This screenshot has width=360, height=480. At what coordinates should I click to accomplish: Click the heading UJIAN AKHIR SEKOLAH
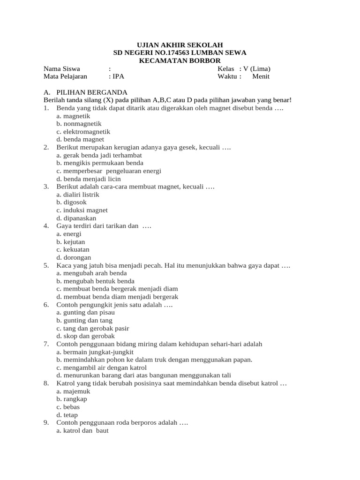coord(180,45)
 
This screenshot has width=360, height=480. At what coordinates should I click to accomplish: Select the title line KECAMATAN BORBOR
coord(180,60)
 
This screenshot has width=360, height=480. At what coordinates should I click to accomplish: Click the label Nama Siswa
coord(60,68)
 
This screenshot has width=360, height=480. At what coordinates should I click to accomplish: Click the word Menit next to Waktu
coord(261,76)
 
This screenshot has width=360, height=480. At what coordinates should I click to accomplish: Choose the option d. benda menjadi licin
coord(88,179)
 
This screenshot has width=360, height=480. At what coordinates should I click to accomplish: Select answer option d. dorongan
coord(74,257)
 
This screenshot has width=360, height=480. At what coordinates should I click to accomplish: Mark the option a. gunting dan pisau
coord(85,312)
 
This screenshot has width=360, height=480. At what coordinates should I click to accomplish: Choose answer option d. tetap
coord(67,415)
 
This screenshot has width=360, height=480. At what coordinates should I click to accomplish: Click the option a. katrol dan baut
coord(82,430)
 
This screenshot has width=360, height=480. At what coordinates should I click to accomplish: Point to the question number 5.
coord(46,265)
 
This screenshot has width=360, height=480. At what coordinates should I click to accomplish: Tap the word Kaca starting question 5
coord(64,265)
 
